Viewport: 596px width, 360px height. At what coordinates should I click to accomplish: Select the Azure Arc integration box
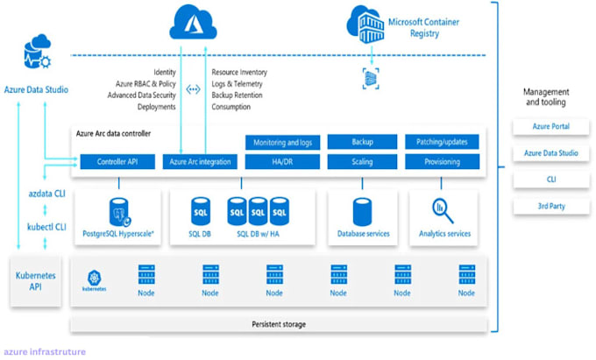(x=201, y=162)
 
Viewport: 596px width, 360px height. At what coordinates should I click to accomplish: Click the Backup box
(x=362, y=142)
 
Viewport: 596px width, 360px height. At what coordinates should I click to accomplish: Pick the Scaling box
(x=362, y=162)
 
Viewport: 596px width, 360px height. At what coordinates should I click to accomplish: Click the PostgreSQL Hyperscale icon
(x=119, y=211)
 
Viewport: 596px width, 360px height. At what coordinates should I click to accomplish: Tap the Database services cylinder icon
(x=362, y=211)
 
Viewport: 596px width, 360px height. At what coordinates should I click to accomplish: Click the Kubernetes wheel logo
(x=94, y=276)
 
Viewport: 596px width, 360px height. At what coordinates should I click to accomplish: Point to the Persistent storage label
(x=279, y=324)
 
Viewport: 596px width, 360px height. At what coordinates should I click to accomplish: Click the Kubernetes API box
(x=36, y=280)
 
